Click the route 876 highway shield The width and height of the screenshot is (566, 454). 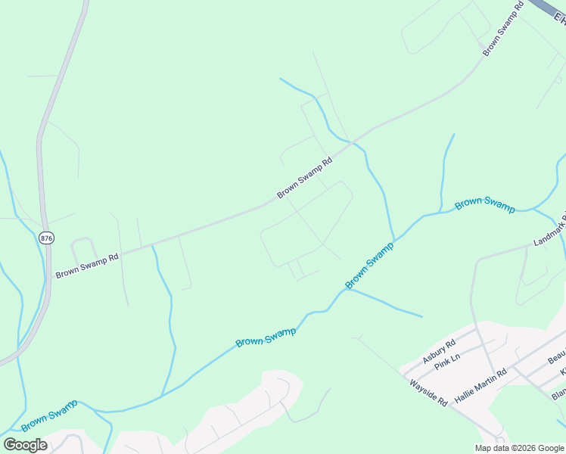[x=47, y=237]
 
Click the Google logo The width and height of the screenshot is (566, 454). [x=25, y=445]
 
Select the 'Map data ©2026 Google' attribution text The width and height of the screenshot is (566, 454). [x=519, y=448]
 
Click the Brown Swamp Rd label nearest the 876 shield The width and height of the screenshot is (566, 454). [x=87, y=266]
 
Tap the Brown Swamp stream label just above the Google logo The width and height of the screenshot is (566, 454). [x=49, y=415]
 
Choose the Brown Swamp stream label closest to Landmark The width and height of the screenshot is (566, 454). [x=484, y=204]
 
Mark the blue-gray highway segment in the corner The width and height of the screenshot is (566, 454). [x=549, y=11]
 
